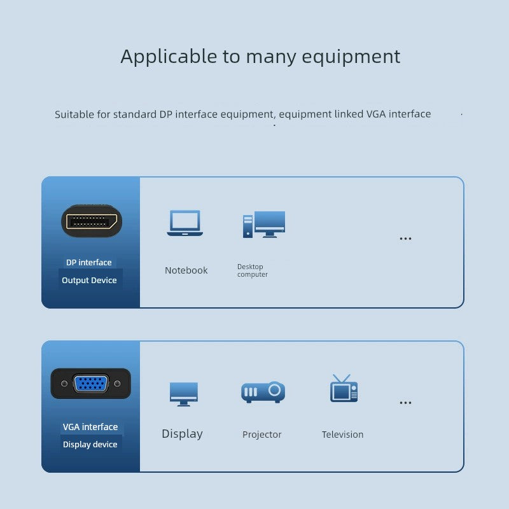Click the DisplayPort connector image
tap(91, 221)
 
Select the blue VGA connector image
tap(90, 384)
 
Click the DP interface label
tap(89, 262)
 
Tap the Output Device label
tap(89, 280)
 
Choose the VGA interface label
tap(90, 427)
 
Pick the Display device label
tap(90, 444)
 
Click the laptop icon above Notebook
tap(185, 223)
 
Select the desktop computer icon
tap(263, 225)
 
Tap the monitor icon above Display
tap(184, 393)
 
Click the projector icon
tap(263, 392)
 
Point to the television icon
tap(344, 389)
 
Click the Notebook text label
tap(186, 270)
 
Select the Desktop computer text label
tap(253, 270)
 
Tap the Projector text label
tap(261, 435)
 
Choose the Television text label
tap(342, 435)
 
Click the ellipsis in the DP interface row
tap(405, 239)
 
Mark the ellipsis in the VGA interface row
tap(405, 403)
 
